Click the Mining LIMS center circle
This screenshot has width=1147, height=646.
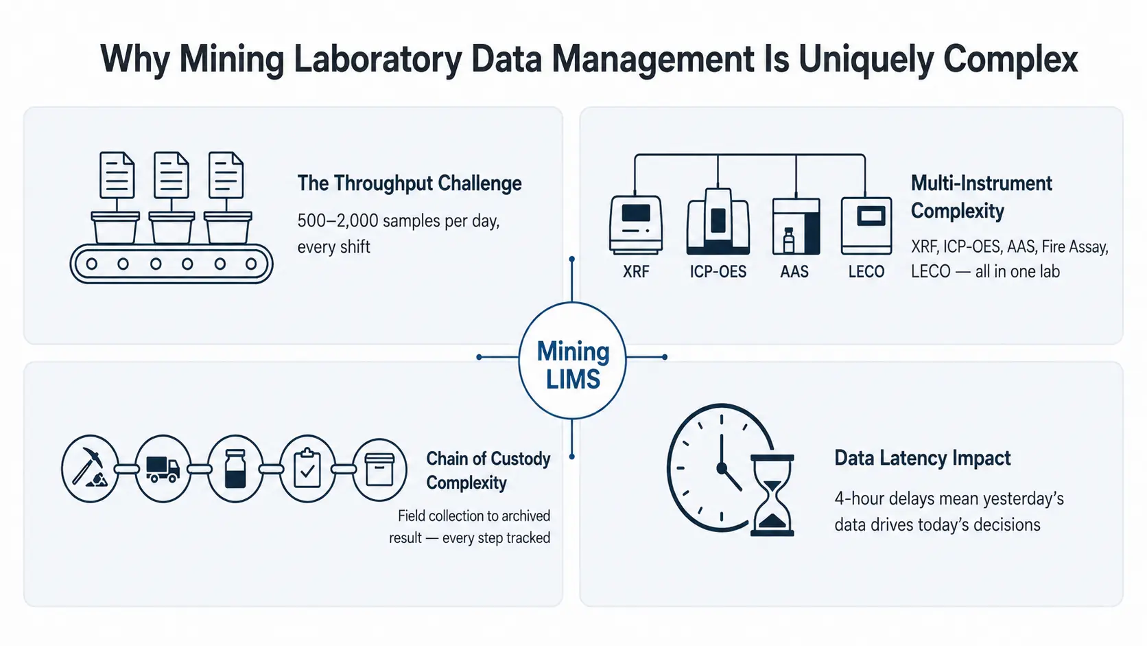pos(572,360)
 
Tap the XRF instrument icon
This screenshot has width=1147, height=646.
pos(635,225)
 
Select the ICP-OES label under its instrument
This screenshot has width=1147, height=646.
pos(718,272)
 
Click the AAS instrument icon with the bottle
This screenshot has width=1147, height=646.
pos(796,227)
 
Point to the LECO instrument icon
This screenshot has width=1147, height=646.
pos(866,226)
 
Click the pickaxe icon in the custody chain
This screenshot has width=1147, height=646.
pos(90,468)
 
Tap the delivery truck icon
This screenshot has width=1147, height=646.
pos(163,469)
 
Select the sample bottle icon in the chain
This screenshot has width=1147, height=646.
pos(235,469)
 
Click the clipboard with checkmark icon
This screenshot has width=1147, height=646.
pos(307,469)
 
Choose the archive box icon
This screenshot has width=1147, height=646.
pos(379,470)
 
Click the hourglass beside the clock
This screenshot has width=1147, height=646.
pos(772,495)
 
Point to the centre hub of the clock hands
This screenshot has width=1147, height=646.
pos(722,468)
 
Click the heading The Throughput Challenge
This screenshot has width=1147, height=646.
pos(409,183)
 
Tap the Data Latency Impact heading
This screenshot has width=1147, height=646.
pos(922,458)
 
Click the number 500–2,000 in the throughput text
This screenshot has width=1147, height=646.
pos(338,221)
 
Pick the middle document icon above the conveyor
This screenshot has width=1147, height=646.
pos(171,174)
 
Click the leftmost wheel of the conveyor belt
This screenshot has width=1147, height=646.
pos(92,264)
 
